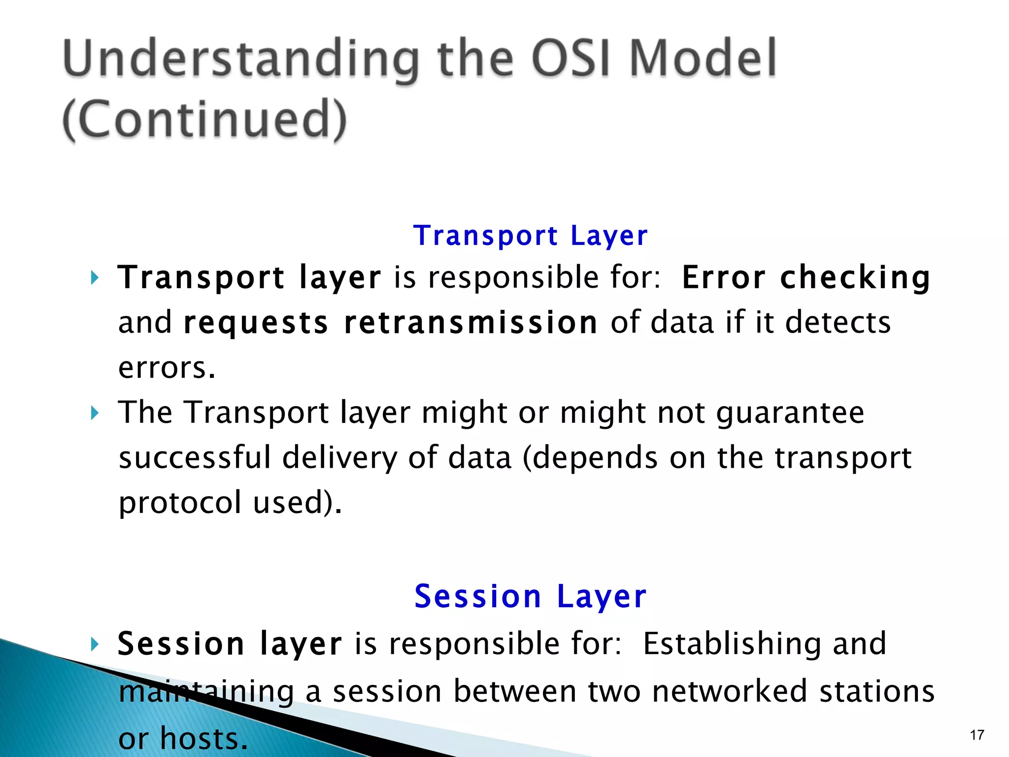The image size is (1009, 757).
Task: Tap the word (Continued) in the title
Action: coord(205,120)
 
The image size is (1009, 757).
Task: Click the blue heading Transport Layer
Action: coord(530,236)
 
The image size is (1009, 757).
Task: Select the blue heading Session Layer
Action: coord(530,596)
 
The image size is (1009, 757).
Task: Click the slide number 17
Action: coord(977,735)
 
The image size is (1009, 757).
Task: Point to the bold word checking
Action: coord(855,278)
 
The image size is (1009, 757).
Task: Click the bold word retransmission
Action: coord(471,323)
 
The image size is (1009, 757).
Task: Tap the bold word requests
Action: coord(256,324)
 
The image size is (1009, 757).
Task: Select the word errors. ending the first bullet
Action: coord(167,368)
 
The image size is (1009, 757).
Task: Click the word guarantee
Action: coord(790,413)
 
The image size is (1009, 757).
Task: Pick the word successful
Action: coord(195,457)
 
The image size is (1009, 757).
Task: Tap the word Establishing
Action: coord(732,644)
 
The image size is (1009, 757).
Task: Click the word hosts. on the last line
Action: coord(204,738)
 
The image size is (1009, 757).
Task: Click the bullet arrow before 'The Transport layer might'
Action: coord(95,413)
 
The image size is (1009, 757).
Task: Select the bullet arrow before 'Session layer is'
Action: coord(95,644)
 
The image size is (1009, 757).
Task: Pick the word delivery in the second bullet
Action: coord(339,458)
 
